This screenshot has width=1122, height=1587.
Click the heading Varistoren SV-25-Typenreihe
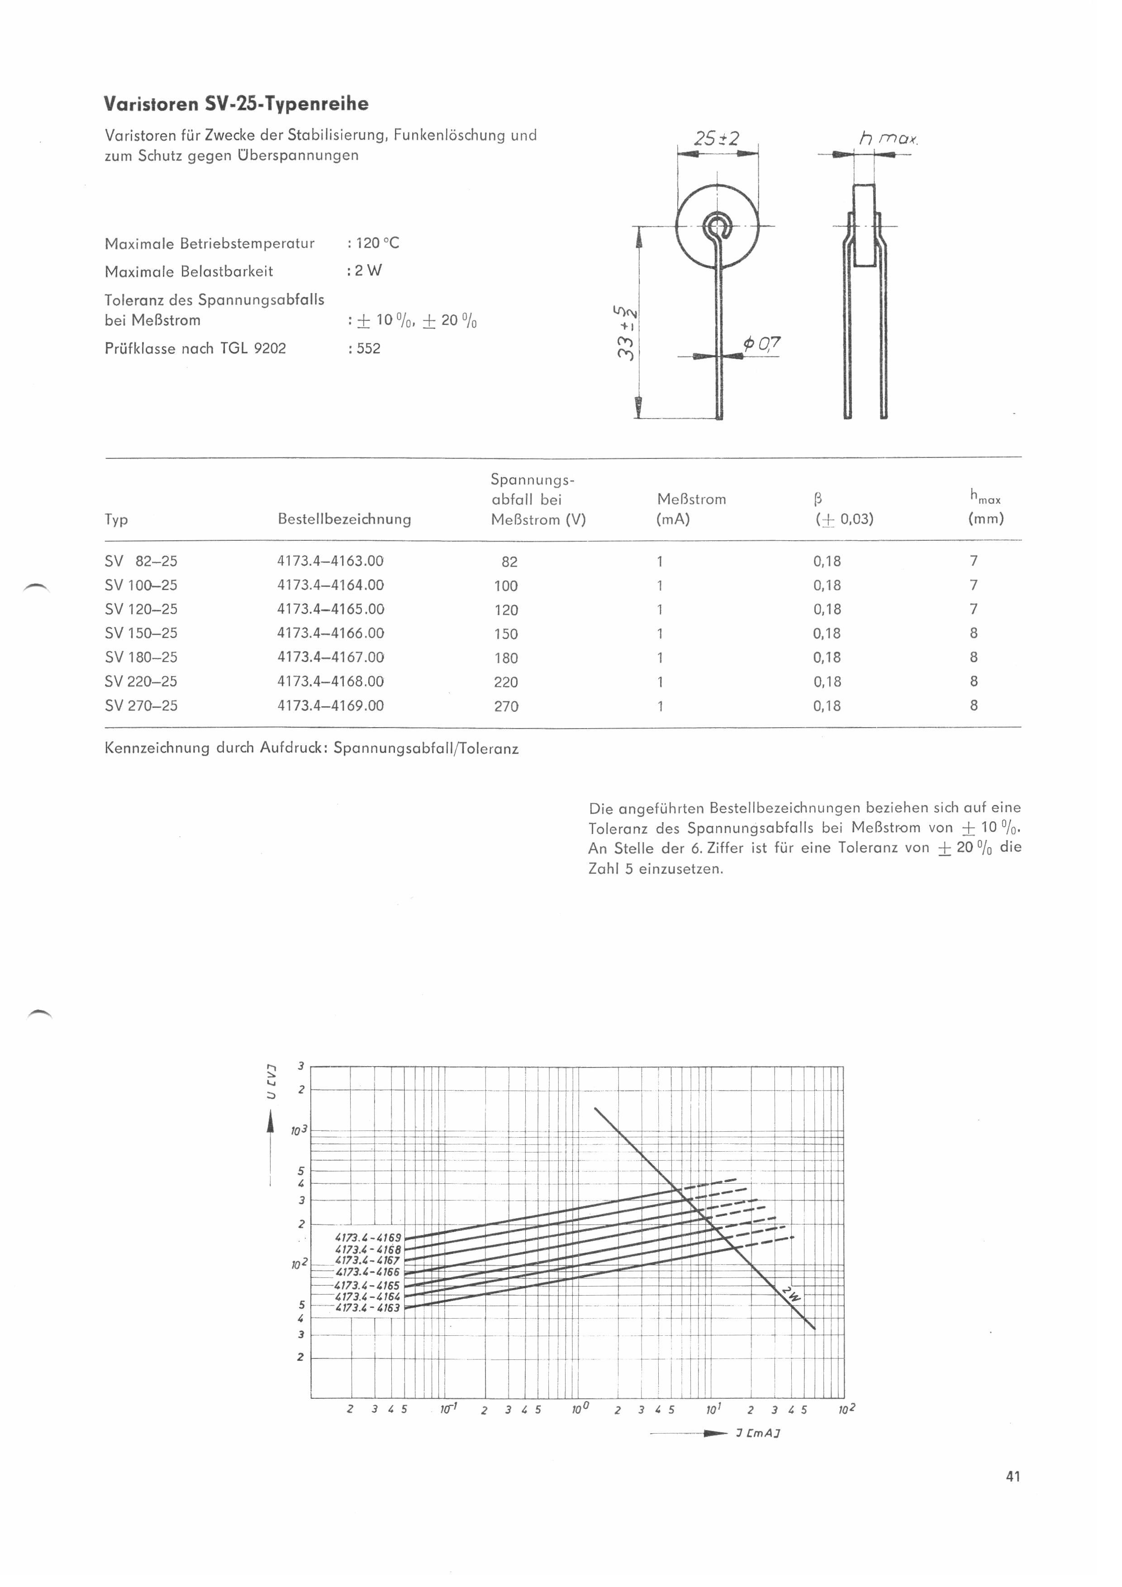coord(236,105)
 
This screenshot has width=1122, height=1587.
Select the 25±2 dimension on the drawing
coord(717,139)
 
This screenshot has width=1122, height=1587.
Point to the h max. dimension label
coord(888,139)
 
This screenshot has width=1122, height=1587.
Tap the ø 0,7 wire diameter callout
coord(762,343)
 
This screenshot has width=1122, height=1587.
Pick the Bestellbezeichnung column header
coord(344,519)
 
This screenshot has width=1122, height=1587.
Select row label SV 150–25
coord(141,633)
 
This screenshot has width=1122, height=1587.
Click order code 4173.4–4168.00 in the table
coord(330,682)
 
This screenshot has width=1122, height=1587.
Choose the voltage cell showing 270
coord(506,706)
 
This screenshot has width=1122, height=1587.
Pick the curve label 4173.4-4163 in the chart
coord(367,1307)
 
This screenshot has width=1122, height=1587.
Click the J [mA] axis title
coord(758,1434)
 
